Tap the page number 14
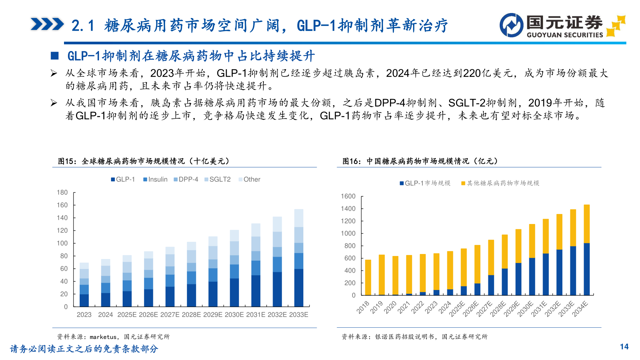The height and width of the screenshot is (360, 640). pos(624,347)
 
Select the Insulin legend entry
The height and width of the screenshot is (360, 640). pos(155,179)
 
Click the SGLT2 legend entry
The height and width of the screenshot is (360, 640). pos(217,179)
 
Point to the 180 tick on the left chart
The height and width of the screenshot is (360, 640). pos(62,192)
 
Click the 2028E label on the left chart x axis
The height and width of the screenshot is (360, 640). pos(191,315)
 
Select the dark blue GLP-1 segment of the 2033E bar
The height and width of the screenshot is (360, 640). pos(299,287)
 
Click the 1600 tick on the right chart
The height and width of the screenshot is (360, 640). pos(348,196)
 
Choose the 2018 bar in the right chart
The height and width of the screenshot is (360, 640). pos(368,277)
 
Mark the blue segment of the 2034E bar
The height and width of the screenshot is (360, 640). pos(587,269)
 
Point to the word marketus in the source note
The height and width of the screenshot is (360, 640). pos(103,337)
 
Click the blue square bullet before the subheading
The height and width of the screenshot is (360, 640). pos(55,56)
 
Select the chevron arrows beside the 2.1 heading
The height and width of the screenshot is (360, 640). pos(47,24)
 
